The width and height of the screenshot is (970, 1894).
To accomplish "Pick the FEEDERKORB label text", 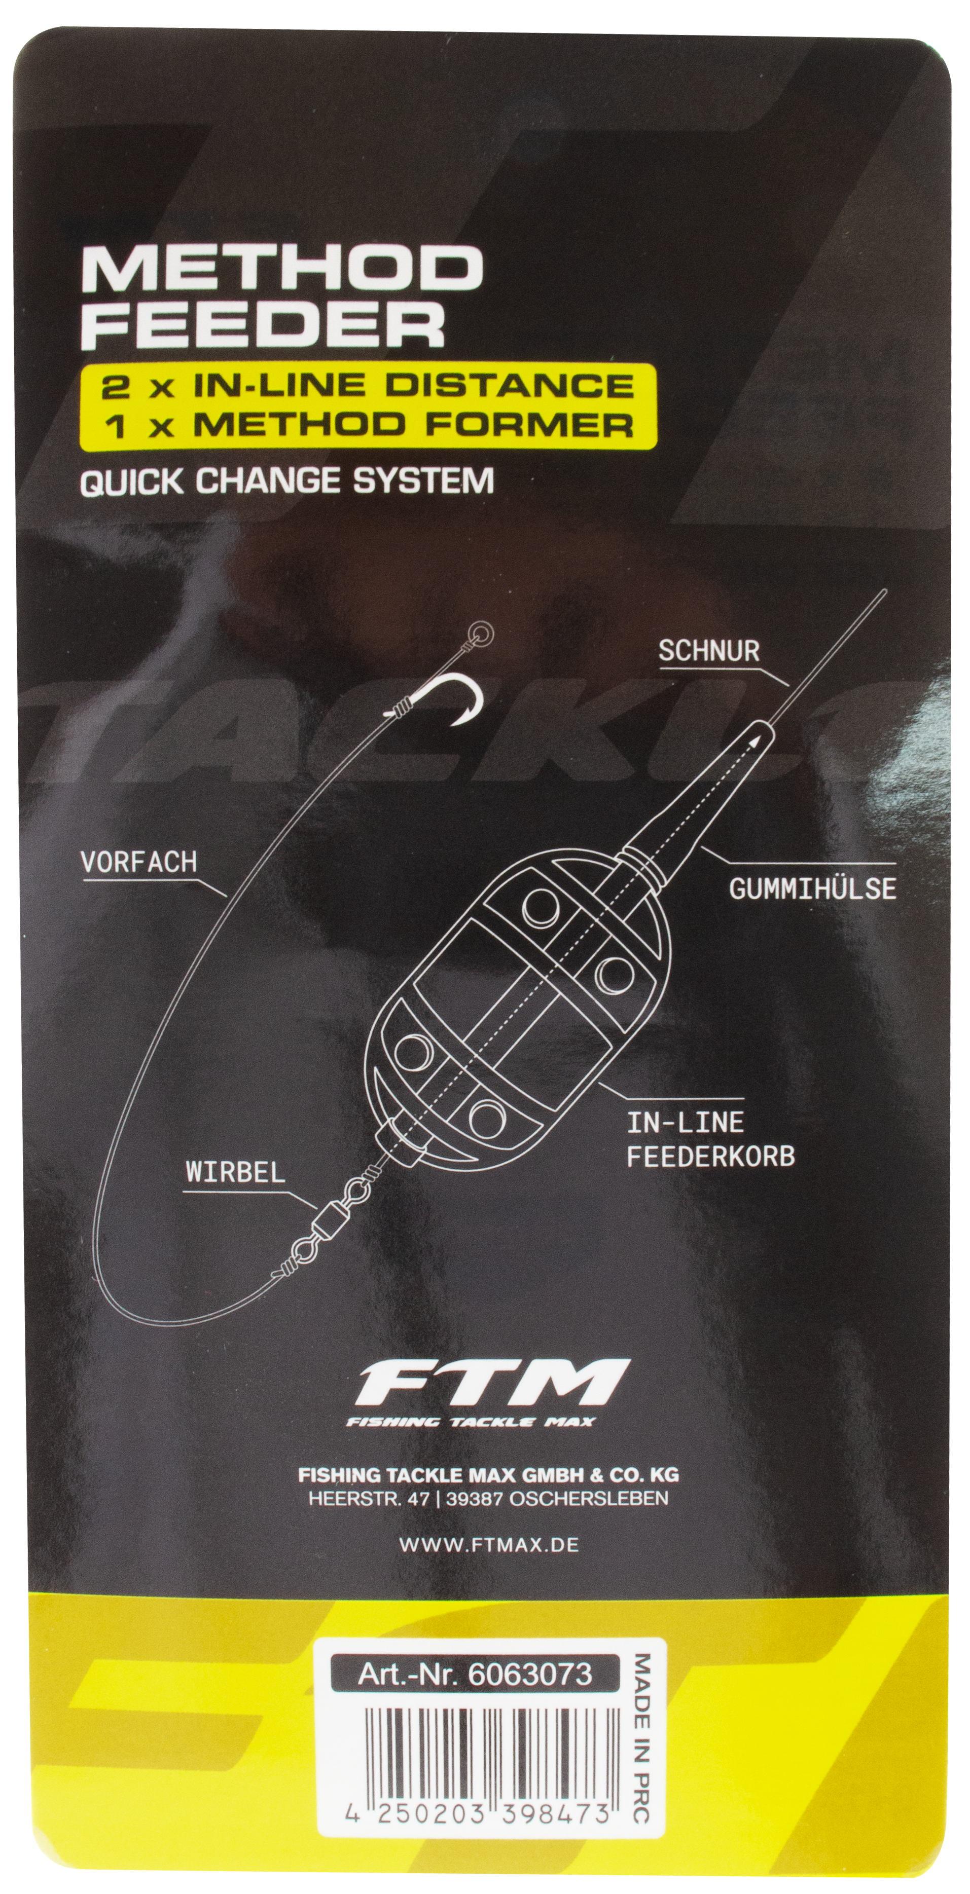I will pos(710,1157).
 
